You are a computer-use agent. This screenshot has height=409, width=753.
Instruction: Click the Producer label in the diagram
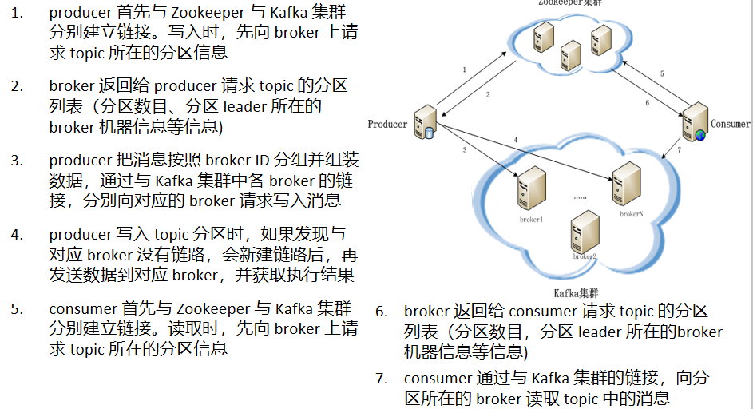pyautogui.click(x=387, y=124)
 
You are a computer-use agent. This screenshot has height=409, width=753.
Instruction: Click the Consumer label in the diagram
pyautogui.click(x=730, y=124)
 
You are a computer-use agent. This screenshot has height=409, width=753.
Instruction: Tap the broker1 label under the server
pyautogui.click(x=531, y=219)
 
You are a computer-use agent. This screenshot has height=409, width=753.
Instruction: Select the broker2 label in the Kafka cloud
pyautogui.click(x=585, y=256)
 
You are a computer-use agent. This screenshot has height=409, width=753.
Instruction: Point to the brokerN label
pyautogui.click(x=631, y=213)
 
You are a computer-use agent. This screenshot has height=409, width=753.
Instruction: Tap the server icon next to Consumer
pyautogui.click(x=693, y=122)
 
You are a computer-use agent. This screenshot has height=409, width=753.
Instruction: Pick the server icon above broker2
pyautogui.click(x=583, y=232)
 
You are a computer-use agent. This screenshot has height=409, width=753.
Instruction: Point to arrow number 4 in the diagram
pyautogui.click(x=516, y=141)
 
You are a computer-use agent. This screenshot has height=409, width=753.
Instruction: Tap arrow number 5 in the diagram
pyautogui.click(x=661, y=74)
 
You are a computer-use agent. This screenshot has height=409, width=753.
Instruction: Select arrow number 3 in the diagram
pyautogui.click(x=464, y=149)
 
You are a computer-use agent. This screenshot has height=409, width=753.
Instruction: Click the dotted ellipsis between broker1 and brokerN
pyautogui.click(x=580, y=196)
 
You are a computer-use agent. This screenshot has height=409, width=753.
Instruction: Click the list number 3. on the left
pyautogui.click(x=17, y=160)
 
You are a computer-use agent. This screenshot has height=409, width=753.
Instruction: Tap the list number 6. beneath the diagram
pyautogui.click(x=381, y=312)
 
